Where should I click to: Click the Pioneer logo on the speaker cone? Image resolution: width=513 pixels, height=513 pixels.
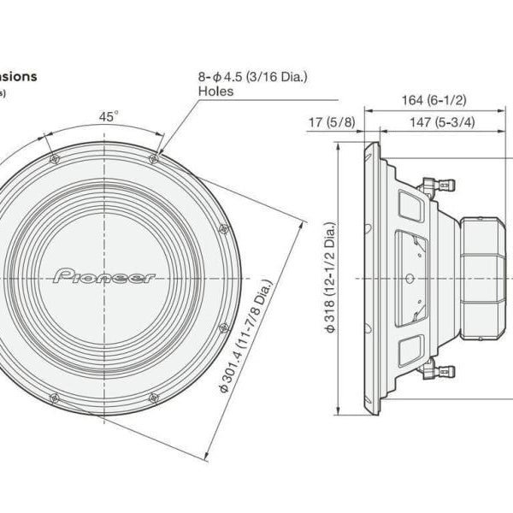pyautogui.click(x=104, y=276)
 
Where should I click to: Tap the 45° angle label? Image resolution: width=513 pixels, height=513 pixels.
pyautogui.click(x=107, y=118)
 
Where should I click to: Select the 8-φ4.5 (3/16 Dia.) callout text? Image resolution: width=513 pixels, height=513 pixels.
pyautogui.click(x=252, y=76)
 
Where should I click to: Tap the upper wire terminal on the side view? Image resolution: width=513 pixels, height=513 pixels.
pyautogui.click(x=444, y=183)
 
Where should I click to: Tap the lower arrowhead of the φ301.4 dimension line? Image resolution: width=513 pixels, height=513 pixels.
pyautogui.click(x=210, y=456)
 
